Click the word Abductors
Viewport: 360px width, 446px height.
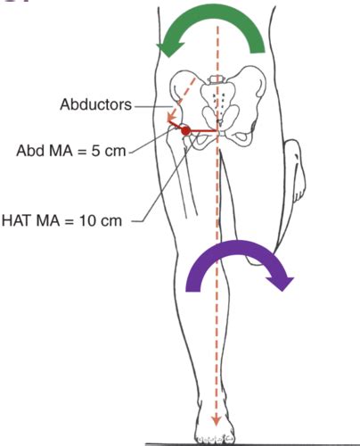click(x=95, y=104)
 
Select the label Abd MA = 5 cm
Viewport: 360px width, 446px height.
click(x=71, y=151)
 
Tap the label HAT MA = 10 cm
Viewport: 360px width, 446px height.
click(x=61, y=221)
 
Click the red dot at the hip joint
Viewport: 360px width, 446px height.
click(x=185, y=131)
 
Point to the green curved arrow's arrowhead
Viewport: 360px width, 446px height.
click(x=168, y=49)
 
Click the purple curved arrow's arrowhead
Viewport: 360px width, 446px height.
click(x=280, y=284)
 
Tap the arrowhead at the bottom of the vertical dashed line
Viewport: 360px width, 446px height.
click(x=217, y=420)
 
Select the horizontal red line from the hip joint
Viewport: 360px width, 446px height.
click(x=203, y=131)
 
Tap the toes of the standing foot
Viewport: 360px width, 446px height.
click(x=215, y=438)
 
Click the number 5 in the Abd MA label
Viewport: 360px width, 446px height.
click(x=95, y=151)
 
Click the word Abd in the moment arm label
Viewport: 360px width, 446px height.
click(x=30, y=151)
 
